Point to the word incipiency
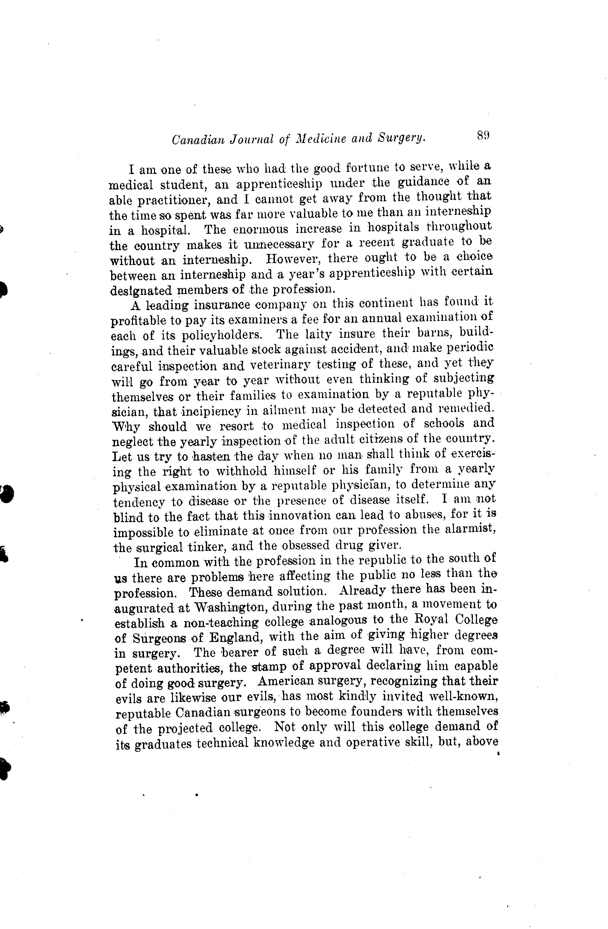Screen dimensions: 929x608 coord(211,411)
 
